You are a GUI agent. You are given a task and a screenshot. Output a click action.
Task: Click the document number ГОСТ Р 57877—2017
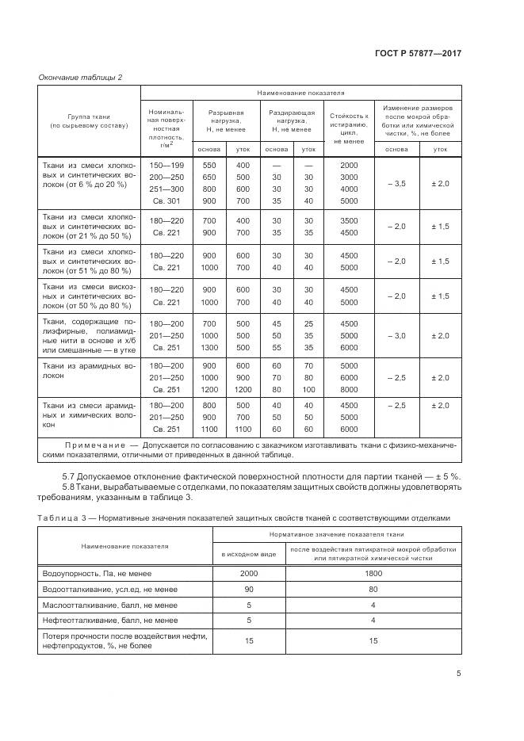tap(419, 53)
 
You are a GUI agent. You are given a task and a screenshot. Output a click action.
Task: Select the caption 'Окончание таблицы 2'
tap(81, 77)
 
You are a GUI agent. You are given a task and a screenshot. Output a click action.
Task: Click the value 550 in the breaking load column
tap(209, 165)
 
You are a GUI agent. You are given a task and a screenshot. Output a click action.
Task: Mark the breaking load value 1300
tap(209, 347)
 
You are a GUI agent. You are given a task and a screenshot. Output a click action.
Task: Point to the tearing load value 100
tap(308, 390)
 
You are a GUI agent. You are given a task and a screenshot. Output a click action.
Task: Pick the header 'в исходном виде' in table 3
tap(248, 553)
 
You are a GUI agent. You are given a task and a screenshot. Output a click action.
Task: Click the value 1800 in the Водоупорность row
tap(373, 572)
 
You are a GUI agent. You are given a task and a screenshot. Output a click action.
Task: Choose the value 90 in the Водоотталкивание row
tap(248, 588)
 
